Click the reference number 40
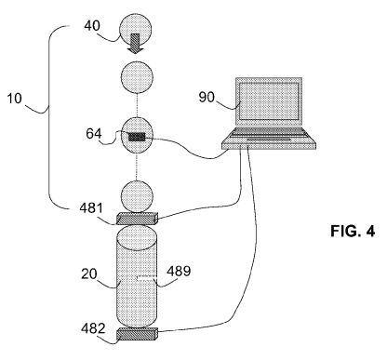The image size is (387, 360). pos(92,25)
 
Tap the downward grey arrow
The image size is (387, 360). pos(136,44)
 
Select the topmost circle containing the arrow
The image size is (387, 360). pos(136,29)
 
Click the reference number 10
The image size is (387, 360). pos(15,99)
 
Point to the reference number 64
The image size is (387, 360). pos(94,134)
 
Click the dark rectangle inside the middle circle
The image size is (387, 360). pos(137,137)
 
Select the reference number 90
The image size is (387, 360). pos(207,97)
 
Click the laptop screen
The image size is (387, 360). pos(269,101)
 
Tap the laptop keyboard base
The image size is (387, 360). pos(269,139)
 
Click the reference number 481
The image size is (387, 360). pos(91,207)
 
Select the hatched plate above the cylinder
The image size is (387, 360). pos(137,219)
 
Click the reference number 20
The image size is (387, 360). pos(89,273)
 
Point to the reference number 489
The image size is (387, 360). pos(179,271)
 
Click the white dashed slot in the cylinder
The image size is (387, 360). pos(146,278)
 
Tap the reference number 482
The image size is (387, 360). pos(93,328)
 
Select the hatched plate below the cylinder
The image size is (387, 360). pos(137,334)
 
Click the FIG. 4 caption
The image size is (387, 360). pos(353,231)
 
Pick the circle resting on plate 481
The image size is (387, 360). pos(137,197)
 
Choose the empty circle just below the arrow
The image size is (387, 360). pos(137,77)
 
